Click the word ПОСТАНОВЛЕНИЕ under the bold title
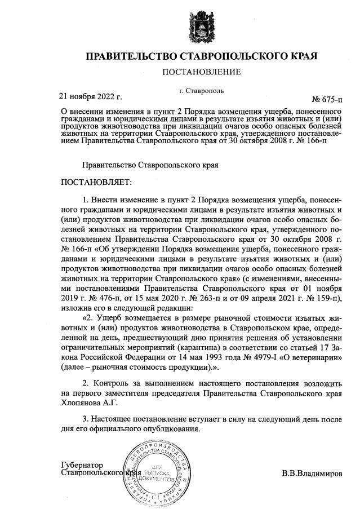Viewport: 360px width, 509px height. (x=201, y=72)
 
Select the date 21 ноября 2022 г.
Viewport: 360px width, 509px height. (x=90, y=96)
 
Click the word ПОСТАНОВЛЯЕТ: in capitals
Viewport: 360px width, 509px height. (x=95, y=183)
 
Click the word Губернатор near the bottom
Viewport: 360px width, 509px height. (x=82, y=465)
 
